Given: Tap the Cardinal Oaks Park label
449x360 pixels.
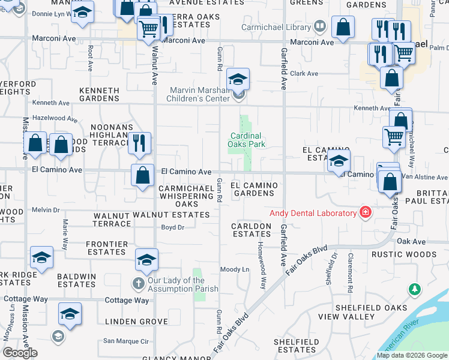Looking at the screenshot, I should (x=247, y=140).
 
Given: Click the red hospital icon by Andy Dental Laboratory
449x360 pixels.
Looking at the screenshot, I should (x=364, y=212).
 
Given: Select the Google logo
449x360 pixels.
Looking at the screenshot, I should (x=20, y=353).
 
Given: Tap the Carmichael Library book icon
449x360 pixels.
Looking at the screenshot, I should (x=320, y=26).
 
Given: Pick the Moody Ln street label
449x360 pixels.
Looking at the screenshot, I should (x=234, y=269).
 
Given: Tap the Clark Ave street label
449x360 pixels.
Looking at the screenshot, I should (x=304, y=73).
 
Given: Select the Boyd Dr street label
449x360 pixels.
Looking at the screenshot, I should (x=172, y=227).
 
